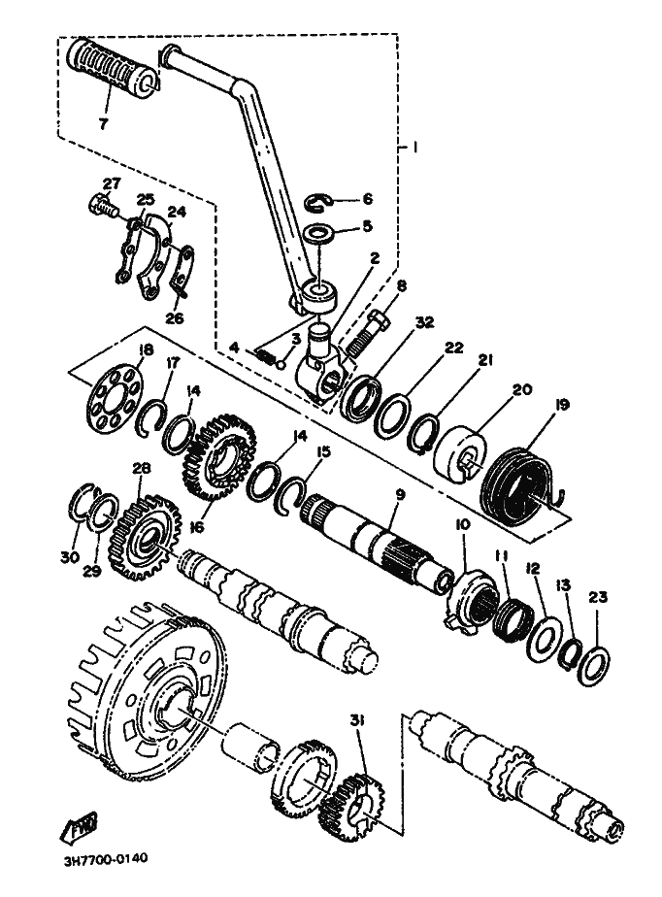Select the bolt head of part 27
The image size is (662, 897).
point(100,206)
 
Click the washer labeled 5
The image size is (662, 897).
point(317,233)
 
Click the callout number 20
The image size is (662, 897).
point(522,390)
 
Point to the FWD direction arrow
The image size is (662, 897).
point(79,829)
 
